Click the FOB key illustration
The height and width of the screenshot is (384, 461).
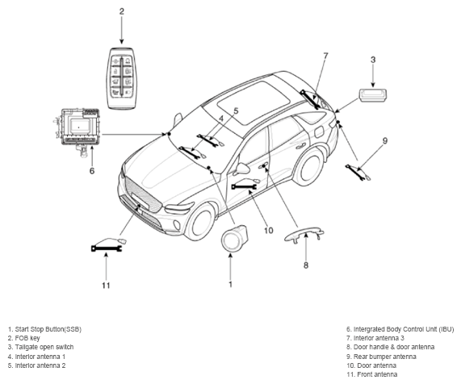pos(121,78)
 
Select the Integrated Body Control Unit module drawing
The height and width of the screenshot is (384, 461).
pos(78,130)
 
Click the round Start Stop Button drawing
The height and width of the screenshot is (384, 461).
pos(233,238)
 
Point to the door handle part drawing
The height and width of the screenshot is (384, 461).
pos(304,234)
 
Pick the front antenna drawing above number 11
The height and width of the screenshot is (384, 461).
pos(109,244)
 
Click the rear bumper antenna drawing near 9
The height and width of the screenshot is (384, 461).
pos(358,173)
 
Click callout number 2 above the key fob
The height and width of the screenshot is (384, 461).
pos(121,11)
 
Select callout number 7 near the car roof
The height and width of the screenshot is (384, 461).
pos(325,56)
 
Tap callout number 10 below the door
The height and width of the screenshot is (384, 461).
pos(268,231)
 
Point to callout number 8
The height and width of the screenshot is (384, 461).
pos(306,265)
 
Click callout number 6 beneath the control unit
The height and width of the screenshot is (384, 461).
pos(92,171)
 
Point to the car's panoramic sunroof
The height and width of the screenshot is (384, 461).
pos(254,102)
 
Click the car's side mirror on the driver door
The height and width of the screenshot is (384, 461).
pos(242,169)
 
